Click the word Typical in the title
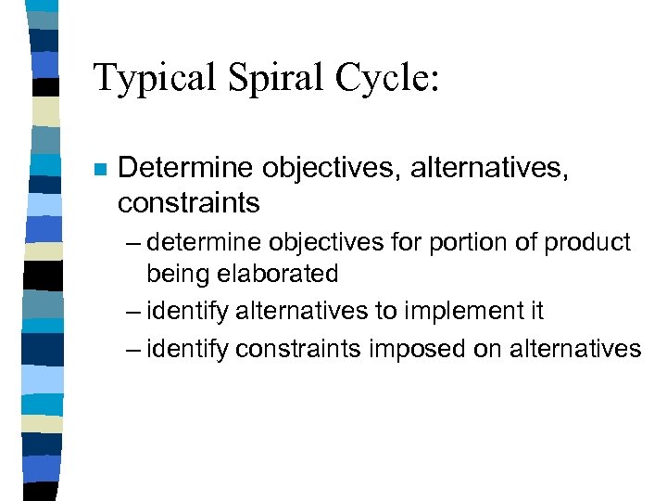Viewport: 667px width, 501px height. [x=153, y=78]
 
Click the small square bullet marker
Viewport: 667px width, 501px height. [x=98, y=170]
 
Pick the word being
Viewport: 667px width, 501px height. [x=176, y=274]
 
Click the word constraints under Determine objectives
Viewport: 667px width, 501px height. [x=189, y=201]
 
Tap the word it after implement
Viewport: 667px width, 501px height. [x=534, y=311]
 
